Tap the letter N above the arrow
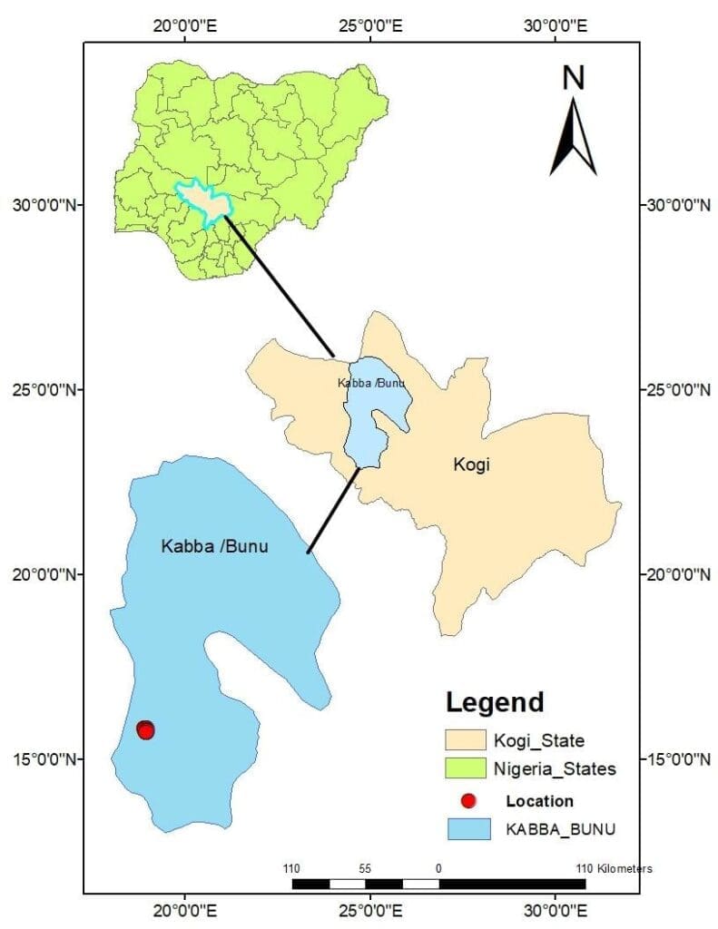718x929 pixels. tap(573, 79)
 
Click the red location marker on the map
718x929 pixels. tap(145, 729)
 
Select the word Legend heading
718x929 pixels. tap(495, 701)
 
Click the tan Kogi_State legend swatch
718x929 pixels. tap(465, 741)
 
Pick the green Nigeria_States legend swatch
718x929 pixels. tap(465, 769)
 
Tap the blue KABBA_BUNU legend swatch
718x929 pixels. tap(465, 829)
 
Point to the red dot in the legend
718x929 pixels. tap(468, 801)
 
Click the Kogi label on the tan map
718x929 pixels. tap(471, 465)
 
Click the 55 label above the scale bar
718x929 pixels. tap(365, 868)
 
